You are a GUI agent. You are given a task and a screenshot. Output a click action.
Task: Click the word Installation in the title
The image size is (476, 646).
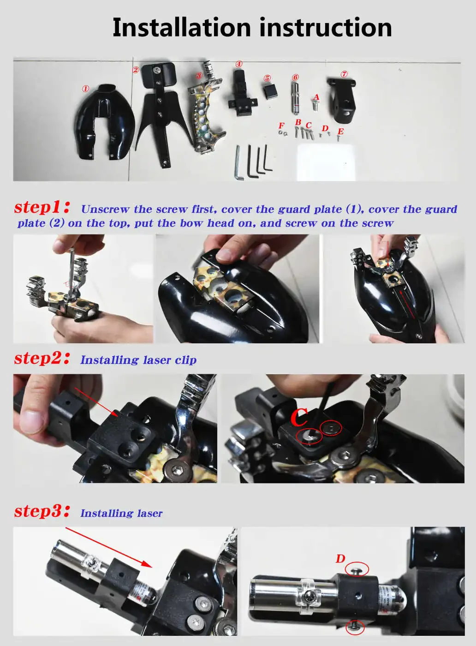(182, 27)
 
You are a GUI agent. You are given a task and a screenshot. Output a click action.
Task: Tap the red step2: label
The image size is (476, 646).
(42, 358)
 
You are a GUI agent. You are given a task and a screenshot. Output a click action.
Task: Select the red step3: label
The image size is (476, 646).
(42, 511)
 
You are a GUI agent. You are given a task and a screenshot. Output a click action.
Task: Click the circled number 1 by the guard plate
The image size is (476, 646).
(85, 89)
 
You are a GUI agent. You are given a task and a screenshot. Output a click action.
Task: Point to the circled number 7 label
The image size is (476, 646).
(344, 74)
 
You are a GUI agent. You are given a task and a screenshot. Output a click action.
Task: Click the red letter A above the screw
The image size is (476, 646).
(316, 97)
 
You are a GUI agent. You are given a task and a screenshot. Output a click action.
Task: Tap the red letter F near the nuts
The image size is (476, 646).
(281, 126)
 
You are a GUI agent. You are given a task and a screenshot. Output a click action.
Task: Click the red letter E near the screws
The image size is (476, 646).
(341, 131)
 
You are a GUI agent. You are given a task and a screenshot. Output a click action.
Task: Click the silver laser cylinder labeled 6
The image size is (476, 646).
(295, 98)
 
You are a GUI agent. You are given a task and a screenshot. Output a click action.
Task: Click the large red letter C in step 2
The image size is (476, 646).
(299, 418)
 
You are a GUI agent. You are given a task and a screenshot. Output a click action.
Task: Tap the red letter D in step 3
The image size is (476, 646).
(340, 559)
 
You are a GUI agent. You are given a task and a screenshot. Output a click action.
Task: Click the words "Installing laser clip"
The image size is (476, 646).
(138, 360)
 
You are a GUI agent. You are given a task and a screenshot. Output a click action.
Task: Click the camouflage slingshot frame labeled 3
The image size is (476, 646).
(206, 107)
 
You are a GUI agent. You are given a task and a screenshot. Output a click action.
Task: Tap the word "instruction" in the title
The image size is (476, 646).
(326, 27)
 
